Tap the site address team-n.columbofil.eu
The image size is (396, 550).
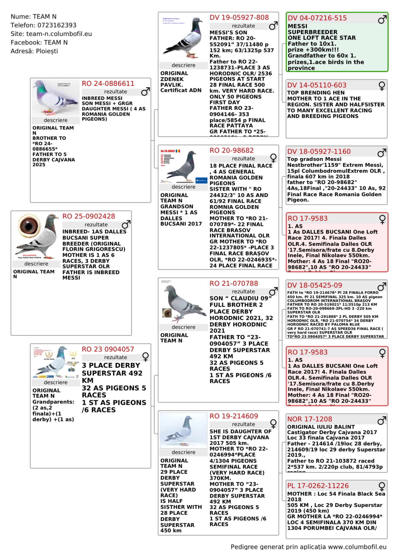[59, 34]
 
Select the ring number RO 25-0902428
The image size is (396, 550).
[89, 216]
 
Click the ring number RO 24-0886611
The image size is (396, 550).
[108, 84]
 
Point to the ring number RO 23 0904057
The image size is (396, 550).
[108, 349]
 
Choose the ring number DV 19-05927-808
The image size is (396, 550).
[239, 18]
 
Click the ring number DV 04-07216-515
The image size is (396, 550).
[317, 18]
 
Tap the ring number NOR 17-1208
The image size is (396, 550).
[309, 419]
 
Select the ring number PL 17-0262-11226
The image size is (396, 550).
[318, 486]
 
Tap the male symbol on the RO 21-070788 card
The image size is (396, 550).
[273, 291]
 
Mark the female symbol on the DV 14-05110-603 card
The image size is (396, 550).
[382, 86]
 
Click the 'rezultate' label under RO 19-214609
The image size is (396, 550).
[243, 424]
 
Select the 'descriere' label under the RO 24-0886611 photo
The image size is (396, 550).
[56, 120]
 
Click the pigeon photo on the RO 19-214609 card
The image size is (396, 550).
[183, 431]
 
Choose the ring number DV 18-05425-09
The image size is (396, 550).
[315, 285]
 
